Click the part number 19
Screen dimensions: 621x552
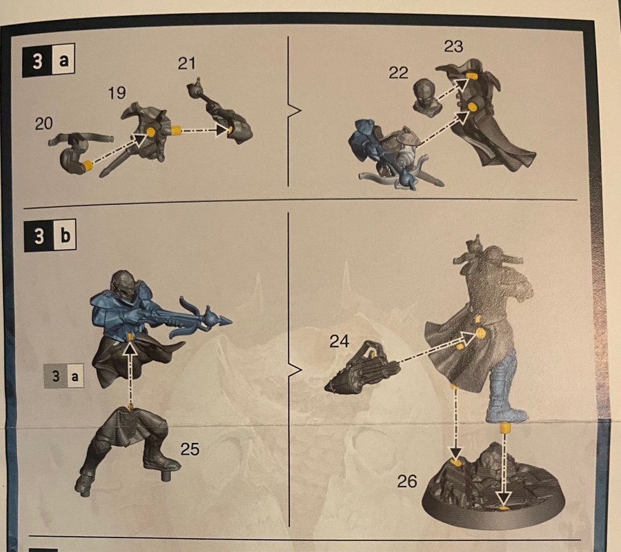point(117,92)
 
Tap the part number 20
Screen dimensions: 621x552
point(43,124)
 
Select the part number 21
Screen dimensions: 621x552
point(186,63)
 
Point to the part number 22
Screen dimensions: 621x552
point(398,72)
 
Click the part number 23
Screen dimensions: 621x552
point(453,46)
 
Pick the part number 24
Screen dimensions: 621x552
point(339,341)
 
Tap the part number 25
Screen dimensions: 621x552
point(190,449)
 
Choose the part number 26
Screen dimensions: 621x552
point(407,482)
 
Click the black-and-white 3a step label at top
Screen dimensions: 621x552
point(49,61)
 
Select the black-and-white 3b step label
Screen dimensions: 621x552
point(50,236)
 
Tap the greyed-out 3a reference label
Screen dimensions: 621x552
point(63,375)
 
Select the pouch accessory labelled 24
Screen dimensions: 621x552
point(362,366)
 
